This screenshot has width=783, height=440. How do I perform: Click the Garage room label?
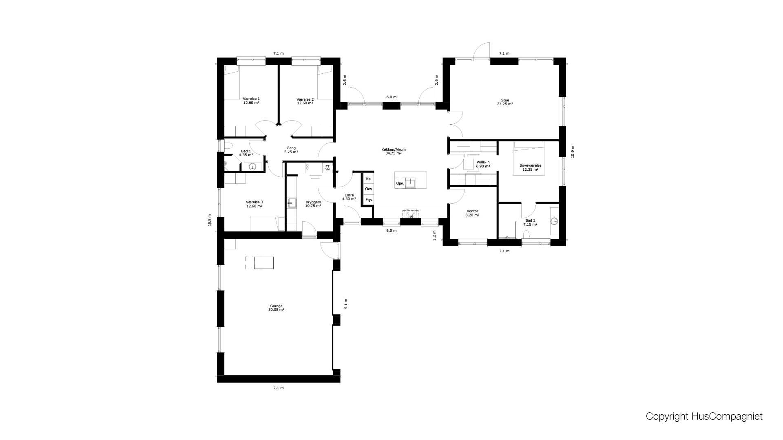click(276, 308)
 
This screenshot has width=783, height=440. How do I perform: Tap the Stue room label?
click(505, 102)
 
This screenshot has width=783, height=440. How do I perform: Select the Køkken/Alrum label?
click(394, 151)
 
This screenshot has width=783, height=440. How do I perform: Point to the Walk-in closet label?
click(483, 164)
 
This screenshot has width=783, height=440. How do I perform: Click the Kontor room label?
click(472, 213)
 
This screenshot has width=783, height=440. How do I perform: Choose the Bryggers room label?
click(313, 204)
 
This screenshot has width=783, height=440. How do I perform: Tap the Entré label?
click(349, 197)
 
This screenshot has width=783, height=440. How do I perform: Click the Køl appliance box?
click(369, 178)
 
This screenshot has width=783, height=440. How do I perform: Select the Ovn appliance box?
click(369, 189)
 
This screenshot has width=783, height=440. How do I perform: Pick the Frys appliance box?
click(369, 200)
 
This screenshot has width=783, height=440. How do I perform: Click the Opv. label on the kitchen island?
click(400, 183)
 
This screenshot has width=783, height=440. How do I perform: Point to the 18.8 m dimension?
click(210, 220)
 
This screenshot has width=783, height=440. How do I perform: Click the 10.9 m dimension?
click(573, 152)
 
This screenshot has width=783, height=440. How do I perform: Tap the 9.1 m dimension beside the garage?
click(346, 304)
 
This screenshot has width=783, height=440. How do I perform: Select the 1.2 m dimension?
click(434, 235)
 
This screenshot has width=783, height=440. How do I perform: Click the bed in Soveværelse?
click(528, 158)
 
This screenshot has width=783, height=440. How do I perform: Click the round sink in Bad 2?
click(554, 221)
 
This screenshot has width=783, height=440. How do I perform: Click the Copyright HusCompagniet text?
click(704, 416)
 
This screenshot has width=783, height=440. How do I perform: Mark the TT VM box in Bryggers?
click(327, 168)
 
